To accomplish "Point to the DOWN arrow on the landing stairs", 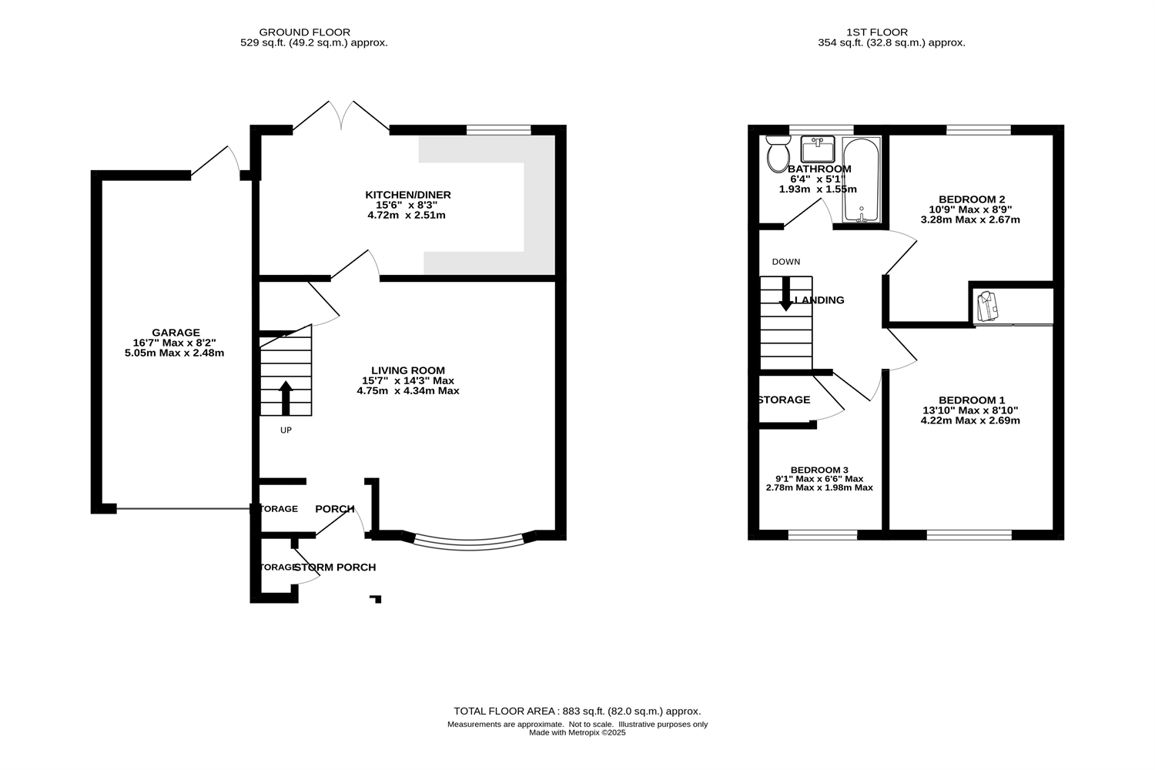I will pos(785,293).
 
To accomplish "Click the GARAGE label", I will pos(176,333).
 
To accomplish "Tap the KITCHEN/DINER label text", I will pos(407,195).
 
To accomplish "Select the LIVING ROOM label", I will pos(407,370).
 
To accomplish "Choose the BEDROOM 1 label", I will pos(972,400).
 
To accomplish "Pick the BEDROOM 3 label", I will pos(819,470).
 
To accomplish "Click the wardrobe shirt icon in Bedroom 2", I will pos(986,306).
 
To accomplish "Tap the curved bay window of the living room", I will pos(469,544).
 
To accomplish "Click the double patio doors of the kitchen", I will pos(342,115).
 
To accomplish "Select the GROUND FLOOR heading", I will pos(304,32).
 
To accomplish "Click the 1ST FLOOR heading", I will pos(876,32).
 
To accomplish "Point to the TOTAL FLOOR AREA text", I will pos(577,711).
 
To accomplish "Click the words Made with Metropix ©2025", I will pos(577,733).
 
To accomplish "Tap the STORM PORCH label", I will pos(335,567).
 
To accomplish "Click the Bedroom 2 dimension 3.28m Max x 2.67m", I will pos(970,219).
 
